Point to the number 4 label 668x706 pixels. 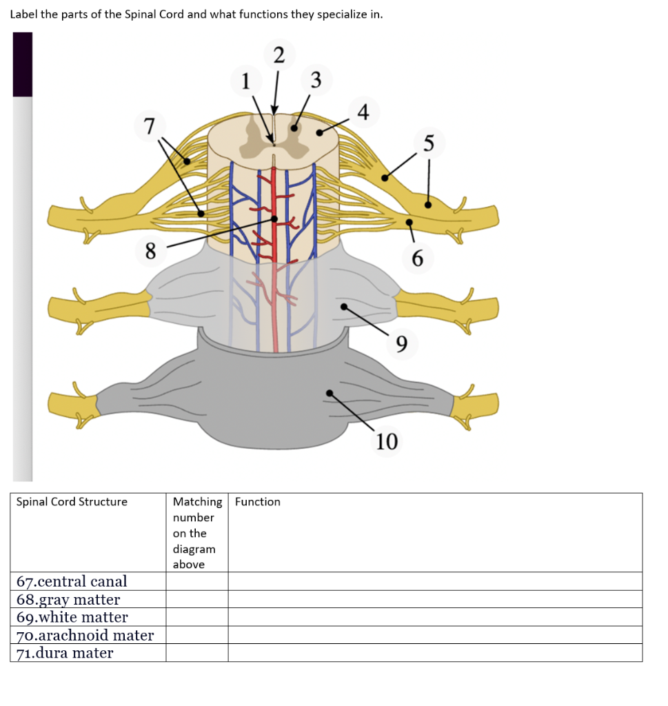tap(364, 110)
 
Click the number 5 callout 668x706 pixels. tap(429, 143)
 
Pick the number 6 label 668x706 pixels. tap(418, 259)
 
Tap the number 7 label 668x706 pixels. tap(150, 126)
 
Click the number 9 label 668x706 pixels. tap(403, 341)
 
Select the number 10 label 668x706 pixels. tap(387, 441)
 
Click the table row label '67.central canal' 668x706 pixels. tap(72, 581)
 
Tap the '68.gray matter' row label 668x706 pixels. tap(68, 599)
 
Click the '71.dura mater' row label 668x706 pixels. tap(65, 653)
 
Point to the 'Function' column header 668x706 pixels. tap(258, 502)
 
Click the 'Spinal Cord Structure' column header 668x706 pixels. tap(72, 502)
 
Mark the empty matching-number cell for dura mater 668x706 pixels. tap(196, 653)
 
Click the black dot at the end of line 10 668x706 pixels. tap(330, 393)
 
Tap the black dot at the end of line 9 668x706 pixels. tap(343, 307)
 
